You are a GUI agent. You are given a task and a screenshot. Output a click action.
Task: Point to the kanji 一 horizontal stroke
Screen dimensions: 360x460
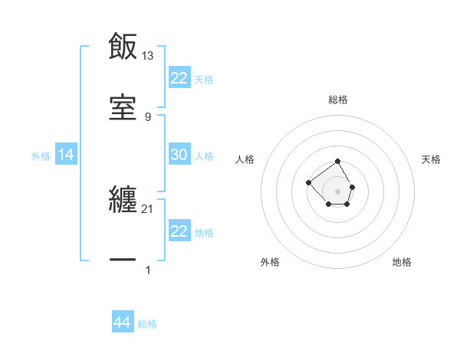point(123,260)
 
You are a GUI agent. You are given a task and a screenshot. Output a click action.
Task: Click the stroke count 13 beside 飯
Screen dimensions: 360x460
point(148,56)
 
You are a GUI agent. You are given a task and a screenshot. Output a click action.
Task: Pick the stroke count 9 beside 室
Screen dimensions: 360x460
point(148,116)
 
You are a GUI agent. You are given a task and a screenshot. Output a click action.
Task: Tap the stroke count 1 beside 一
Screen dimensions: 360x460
point(148,270)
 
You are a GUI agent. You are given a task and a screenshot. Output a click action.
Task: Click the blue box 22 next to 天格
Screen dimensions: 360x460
point(179,78)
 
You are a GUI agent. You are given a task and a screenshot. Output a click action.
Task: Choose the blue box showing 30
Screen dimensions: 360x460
point(179,155)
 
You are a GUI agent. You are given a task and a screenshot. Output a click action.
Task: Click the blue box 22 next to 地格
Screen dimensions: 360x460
point(179,231)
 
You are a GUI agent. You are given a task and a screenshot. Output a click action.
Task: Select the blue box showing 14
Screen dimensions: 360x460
point(66,155)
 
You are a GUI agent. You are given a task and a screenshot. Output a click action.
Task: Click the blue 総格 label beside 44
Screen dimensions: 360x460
point(147,324)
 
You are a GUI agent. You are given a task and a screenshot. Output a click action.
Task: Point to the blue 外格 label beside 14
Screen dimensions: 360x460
point(41,156)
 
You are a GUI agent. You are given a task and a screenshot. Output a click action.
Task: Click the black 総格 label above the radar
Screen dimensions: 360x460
point(338,100)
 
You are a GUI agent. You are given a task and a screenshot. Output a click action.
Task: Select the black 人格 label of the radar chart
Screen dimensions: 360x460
point(245,159)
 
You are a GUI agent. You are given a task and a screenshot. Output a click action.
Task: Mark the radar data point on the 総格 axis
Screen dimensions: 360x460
point(338,162)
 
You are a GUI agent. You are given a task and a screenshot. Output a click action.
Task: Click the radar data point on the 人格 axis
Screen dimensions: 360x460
point(308,182)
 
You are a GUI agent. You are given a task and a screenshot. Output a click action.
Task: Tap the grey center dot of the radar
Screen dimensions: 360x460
point(338,191)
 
